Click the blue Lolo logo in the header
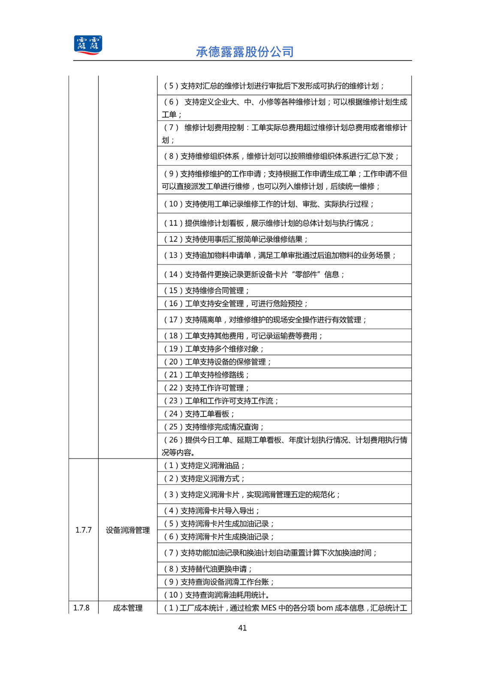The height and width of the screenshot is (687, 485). click(x=88, y=45)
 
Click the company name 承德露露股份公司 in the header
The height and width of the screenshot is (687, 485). click(x=244, y=52)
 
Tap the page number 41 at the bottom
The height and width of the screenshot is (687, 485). click(x=242, y=628)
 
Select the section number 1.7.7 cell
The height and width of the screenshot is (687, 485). click(x=84, y=530)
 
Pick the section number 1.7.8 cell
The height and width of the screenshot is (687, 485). click(x=81, y=608)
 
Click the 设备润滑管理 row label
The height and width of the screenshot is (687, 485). click(x=128, y=530)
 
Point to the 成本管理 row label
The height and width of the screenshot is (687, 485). click(x=128, y=608)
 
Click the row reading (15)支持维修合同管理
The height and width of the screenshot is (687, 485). click(x=206, y=290)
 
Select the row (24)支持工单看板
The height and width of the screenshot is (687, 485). click(x=199, y=413)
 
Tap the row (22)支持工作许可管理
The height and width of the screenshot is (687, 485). click(x=206, y=388)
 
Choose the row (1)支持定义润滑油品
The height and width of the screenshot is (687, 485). click(x=204, y=465)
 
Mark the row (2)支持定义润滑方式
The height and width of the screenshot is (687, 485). click(x=204, y=478)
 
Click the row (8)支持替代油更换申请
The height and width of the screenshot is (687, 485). click(x=208, y=568)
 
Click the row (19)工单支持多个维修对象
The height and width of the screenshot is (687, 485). click(x=214, y=349)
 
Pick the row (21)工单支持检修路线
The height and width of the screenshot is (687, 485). click(x=206, y=374)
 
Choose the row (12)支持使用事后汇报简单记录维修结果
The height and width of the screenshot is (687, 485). click(x=236, y=239)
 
